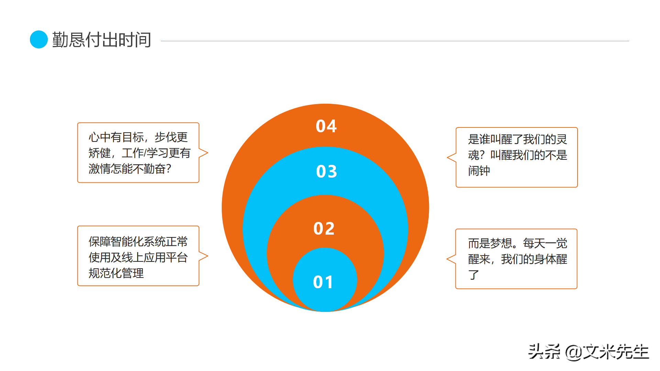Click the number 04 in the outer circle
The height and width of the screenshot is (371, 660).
tap(326, 126)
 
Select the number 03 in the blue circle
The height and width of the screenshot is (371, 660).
tap(326, 171)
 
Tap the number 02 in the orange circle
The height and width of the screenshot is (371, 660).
tap(324, 228)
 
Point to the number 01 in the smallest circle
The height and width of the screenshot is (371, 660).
tap(323, 282)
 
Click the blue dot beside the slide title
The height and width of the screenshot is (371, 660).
tap(38, 40)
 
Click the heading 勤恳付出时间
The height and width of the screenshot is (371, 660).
tap(101, 40)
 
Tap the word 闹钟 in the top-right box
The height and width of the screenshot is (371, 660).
tap(479, 171)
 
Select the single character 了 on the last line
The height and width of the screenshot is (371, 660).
tap(473, 275)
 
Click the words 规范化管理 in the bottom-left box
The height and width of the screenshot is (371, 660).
tap(116, 273)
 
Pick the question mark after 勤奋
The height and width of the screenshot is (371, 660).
tap(168, 169)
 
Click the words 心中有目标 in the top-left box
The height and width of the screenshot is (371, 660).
tap(116, 137)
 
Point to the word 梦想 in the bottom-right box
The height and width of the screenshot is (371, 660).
tap(501, 243)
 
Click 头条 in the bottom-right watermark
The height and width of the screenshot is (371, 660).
tap(544, 352)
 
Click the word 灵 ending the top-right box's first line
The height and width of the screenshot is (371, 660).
tap(562, 139)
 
